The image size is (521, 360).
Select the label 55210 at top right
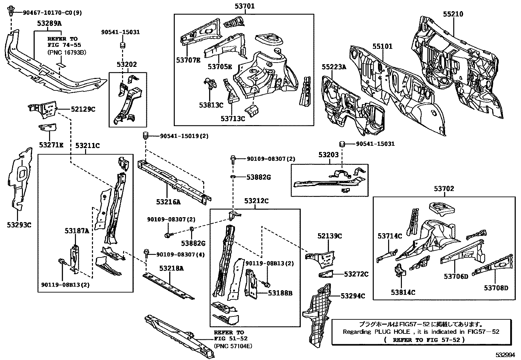coord(453,14)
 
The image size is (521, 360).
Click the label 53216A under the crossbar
coord(168,202)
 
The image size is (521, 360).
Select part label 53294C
coord(352,296)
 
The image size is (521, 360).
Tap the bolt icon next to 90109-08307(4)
coord(146,254)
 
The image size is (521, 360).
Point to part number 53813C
coord(211,105)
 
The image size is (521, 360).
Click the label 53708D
coord(496,288)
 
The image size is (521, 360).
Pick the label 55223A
coord(333,67)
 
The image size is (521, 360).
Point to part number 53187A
coord(77,231)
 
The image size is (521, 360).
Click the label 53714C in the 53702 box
coord(389,236)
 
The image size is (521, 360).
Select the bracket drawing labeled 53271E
coord(47,128)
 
